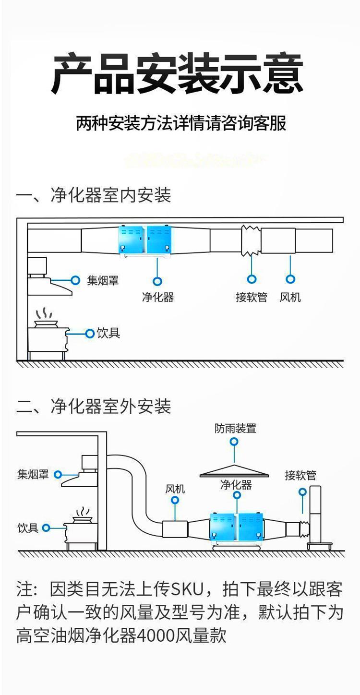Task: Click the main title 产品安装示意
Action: click(x=178, y=74)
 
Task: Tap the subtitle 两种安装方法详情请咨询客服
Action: click(x=181, y=123)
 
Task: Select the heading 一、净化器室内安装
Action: click(x=94, y=195)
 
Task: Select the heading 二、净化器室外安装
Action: click(x=94, y=407)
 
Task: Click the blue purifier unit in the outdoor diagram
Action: click(x=237, y=527)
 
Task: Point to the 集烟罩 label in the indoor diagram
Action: click(x=102, y=280)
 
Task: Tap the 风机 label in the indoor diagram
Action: click(x=290, y=297)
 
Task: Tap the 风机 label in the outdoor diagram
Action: click(x=175, y=489)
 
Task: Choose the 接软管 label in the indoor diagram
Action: click(x=251, y=297)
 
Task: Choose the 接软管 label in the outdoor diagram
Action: click(x=300, y=475)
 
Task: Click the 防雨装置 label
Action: click(x=235, y=428)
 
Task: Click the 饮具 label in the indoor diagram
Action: click(x=108, y=333)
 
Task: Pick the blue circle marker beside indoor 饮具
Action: click(x=89, y=333)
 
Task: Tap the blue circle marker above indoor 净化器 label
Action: click(x=157, y=281)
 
